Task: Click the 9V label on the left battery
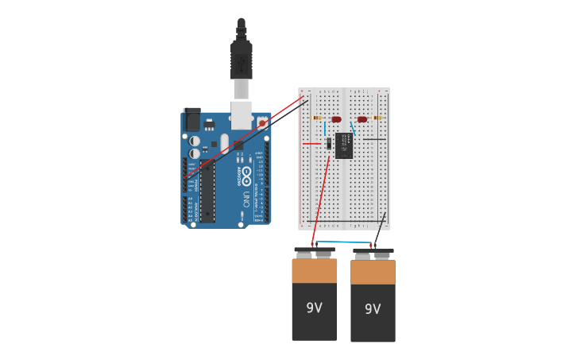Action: (315, 308)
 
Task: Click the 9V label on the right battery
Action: (373, 309)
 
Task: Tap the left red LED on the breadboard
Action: (337, 119)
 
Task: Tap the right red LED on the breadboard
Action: (362, 119)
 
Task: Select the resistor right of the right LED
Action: (377, 118)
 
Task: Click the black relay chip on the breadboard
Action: (344, 145)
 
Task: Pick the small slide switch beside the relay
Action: (328, 143)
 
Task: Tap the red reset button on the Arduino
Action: (262, 123)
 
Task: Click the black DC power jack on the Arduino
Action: (192, 120)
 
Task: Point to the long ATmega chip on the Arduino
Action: (207, 192)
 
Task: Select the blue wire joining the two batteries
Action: (343, 243)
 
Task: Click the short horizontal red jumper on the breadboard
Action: (311, 143)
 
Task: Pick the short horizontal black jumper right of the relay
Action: (375, 140)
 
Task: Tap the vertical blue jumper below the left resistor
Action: (325, 128)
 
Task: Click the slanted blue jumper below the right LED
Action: (352, 128)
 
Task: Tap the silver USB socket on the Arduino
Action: (242, 114)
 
